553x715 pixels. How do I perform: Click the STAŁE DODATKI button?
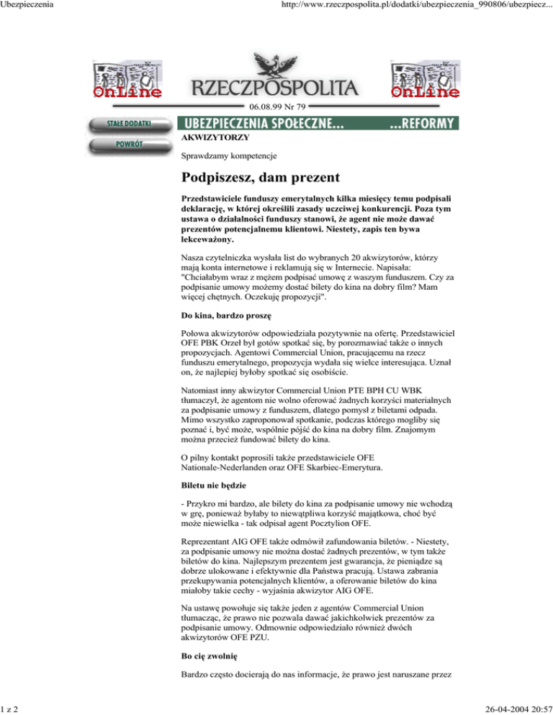(x=130, y=124)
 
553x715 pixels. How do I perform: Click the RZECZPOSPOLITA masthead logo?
(x=274, y=88)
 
